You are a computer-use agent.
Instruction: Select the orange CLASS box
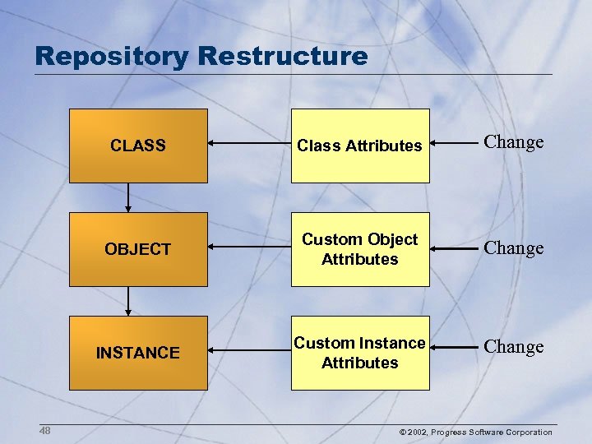[138, 146]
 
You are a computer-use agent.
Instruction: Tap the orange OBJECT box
[138, 249]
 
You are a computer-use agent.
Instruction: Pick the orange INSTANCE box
[138, 353]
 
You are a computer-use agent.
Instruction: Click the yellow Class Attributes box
[359, 146]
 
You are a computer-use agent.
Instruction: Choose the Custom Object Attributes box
[359, 249]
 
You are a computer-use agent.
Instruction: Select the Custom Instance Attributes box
[359, 353]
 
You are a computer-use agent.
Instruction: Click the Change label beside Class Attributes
[514, 142]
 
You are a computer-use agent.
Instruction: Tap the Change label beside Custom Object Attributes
[514, 248]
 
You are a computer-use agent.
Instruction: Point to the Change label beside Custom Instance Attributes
[514, 347]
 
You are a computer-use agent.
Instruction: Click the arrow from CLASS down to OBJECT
[127, 197]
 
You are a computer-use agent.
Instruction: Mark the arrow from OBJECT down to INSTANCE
[127, 301]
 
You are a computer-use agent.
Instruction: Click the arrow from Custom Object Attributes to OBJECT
[248, 247]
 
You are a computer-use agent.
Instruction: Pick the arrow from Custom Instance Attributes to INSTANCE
[248, 350]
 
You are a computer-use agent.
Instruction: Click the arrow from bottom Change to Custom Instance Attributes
[454, 348]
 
